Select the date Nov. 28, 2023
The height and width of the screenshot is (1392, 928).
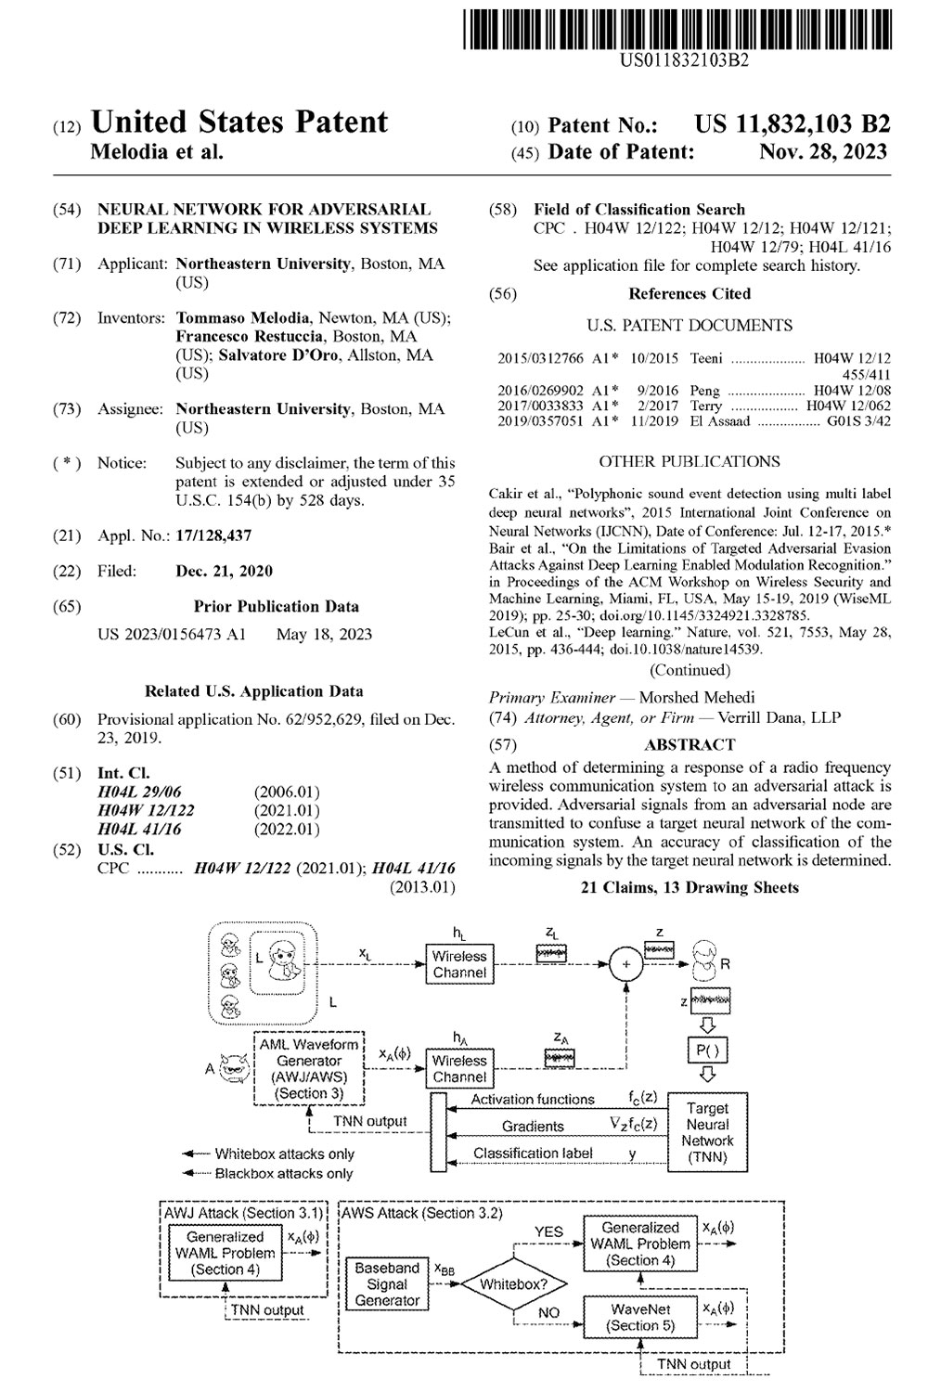(x=822, y=152)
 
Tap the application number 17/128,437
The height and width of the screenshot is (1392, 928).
(x=213, y=535)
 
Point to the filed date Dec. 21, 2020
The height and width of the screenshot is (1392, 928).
(x=224, y=571)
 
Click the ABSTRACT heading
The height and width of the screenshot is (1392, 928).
(x=690, y=744)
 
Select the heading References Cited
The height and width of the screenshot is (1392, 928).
(x=690, y=293)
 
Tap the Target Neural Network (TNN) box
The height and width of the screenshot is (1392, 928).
(x=707, y=1132)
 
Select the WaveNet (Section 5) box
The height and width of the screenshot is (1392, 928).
(x=640, y=1317)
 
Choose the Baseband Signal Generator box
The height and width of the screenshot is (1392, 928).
(x=387, y=1284)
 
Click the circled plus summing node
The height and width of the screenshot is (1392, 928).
(x=627, y=965)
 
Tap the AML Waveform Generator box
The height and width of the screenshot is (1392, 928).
(x=309, y=1069)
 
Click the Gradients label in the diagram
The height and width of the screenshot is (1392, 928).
(x=533, y=1127)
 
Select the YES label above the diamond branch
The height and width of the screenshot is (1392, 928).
(x=548, y=1231)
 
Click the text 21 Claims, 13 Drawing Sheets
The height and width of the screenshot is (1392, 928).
(x=690, y=888)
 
